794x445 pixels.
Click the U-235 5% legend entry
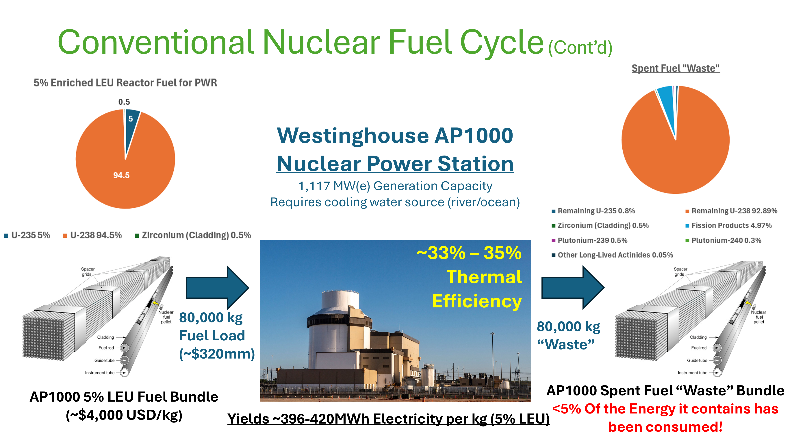[27, 235]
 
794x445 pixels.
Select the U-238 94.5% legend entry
[92, 235]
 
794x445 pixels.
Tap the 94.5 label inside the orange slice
[121, 176]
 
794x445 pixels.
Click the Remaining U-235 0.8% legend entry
[593, 211]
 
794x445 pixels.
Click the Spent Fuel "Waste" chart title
[676, 68]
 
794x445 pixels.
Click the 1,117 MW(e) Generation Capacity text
[395, 186]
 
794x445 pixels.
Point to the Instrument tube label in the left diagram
[100, 373]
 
